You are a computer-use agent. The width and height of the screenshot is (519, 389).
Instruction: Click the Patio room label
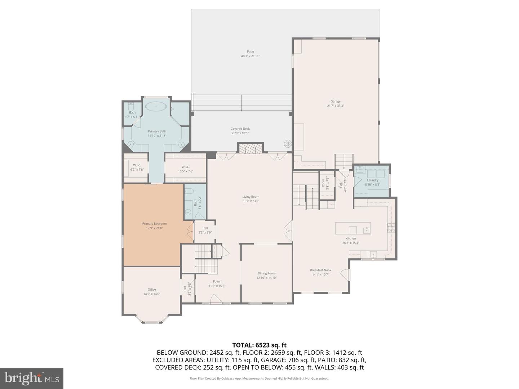pyautogui.click(x=250, y=52)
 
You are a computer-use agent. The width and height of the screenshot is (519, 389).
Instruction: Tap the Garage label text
pyautogui.click(x=335, y=102)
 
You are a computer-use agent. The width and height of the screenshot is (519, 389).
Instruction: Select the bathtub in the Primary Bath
pyautogui.click(x=156, y=106)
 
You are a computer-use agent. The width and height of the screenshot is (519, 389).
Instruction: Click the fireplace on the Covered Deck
pyautogui.click(x=250, y=148)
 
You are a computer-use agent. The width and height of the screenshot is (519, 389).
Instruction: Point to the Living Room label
pyautogui.click(x=250, y=197)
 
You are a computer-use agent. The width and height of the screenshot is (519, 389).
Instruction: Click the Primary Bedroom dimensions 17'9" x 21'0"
pyautogui.click(x=154, y=228)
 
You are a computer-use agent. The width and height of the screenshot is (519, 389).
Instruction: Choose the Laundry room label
pyautogui.click(x=373, y=180)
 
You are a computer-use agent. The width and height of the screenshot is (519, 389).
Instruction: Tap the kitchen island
pyautogui.click(x=353, y=228)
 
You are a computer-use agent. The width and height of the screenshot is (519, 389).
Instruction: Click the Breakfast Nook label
pyautogui.click(x=320, y=270)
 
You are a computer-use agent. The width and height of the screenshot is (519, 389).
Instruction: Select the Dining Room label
pyautogui.click(x=266, y=273)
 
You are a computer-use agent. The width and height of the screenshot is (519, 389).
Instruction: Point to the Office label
pyautogui.click(x=152, y=290)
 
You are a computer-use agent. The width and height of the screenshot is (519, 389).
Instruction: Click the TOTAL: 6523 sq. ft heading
pyautogui.click(x=259, y=345)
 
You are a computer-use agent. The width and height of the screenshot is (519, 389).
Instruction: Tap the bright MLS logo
pyautogui.click(x=32, y=378)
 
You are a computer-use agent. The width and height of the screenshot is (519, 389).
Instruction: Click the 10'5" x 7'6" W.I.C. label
pyautogui.click(x=186, y=169)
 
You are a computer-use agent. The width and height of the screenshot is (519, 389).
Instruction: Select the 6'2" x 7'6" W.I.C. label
pyautogui.click(x=137, y=167)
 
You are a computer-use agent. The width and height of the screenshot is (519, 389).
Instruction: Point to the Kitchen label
pyautogui.click(x=351, y=238)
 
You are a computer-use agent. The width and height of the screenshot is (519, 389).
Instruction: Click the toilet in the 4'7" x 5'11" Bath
pyautogui.click(x=131, y=107)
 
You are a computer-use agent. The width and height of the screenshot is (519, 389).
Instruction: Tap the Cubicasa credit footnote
pyautogui.click(x=259, y=379)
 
